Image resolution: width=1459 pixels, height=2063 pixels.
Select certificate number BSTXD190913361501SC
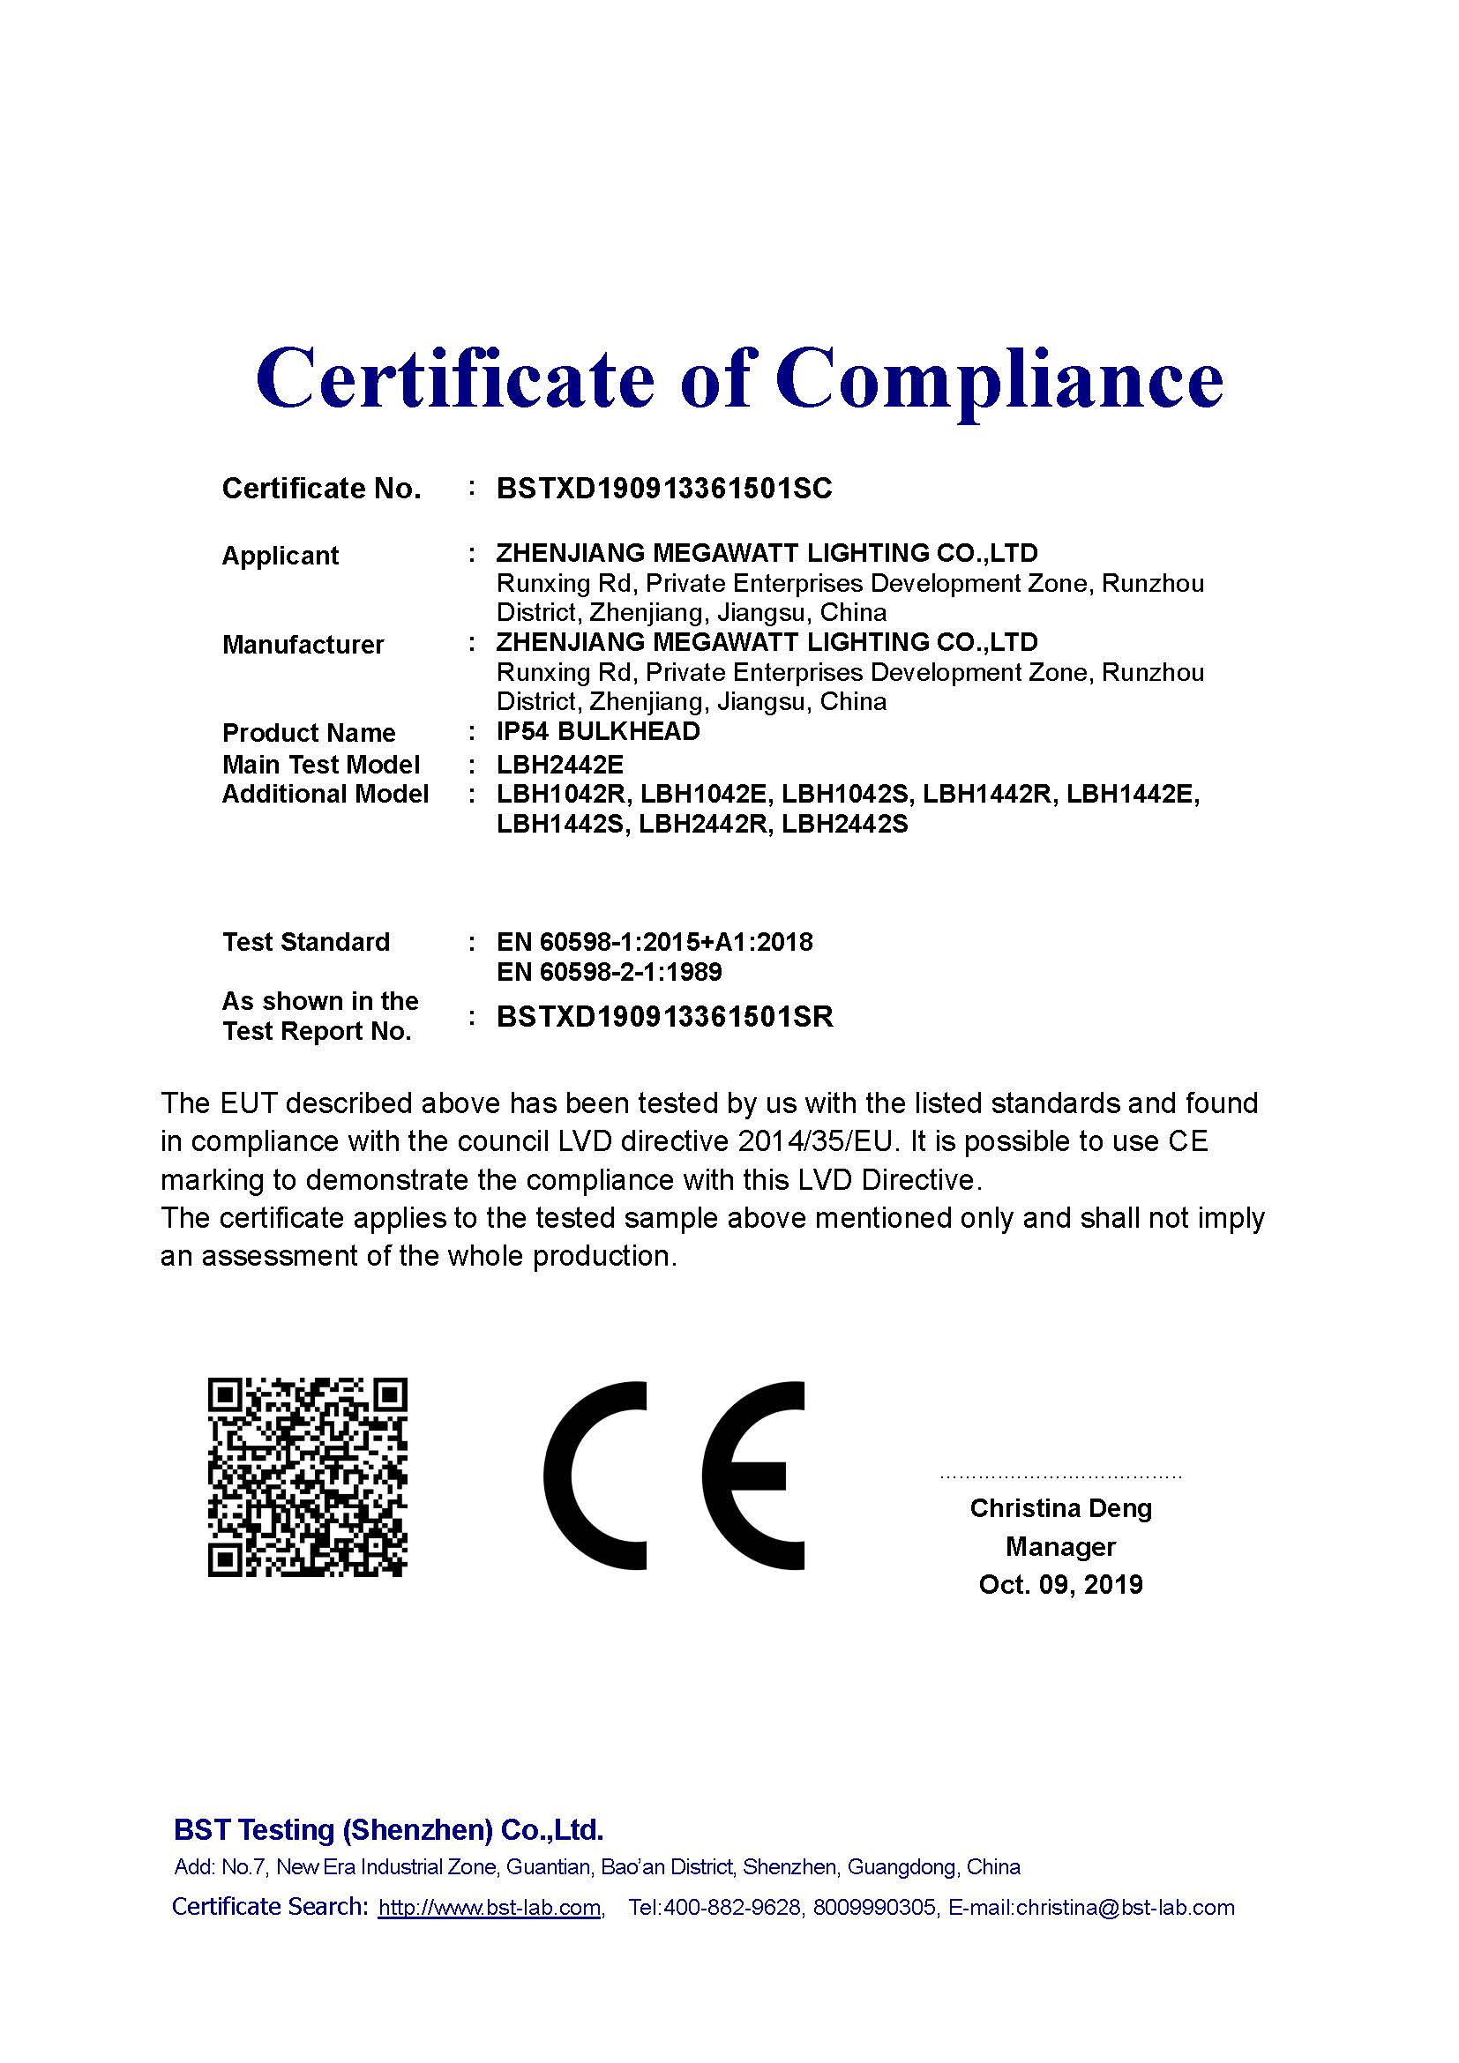coord(664,489)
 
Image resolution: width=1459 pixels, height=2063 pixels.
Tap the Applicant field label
coord(281,556)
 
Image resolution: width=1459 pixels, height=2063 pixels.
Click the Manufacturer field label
coord(303,644)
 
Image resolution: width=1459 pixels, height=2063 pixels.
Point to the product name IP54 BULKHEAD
coord(598,731)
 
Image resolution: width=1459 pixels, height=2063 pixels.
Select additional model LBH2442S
coord(844,824)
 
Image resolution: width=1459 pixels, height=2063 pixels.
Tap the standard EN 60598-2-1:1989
coord(610,972)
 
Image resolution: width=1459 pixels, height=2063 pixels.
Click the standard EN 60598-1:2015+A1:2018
coord(654,942)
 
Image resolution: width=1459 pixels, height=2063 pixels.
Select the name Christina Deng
coord(1060,1507)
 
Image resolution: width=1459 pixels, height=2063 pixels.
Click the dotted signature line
coord(1060,1476)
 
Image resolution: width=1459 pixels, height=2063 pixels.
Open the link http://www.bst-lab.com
coord(490,1908)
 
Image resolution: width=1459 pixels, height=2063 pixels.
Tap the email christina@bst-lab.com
coord(1125,1908)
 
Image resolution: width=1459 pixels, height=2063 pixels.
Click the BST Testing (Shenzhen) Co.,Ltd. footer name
coord(388,1829)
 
